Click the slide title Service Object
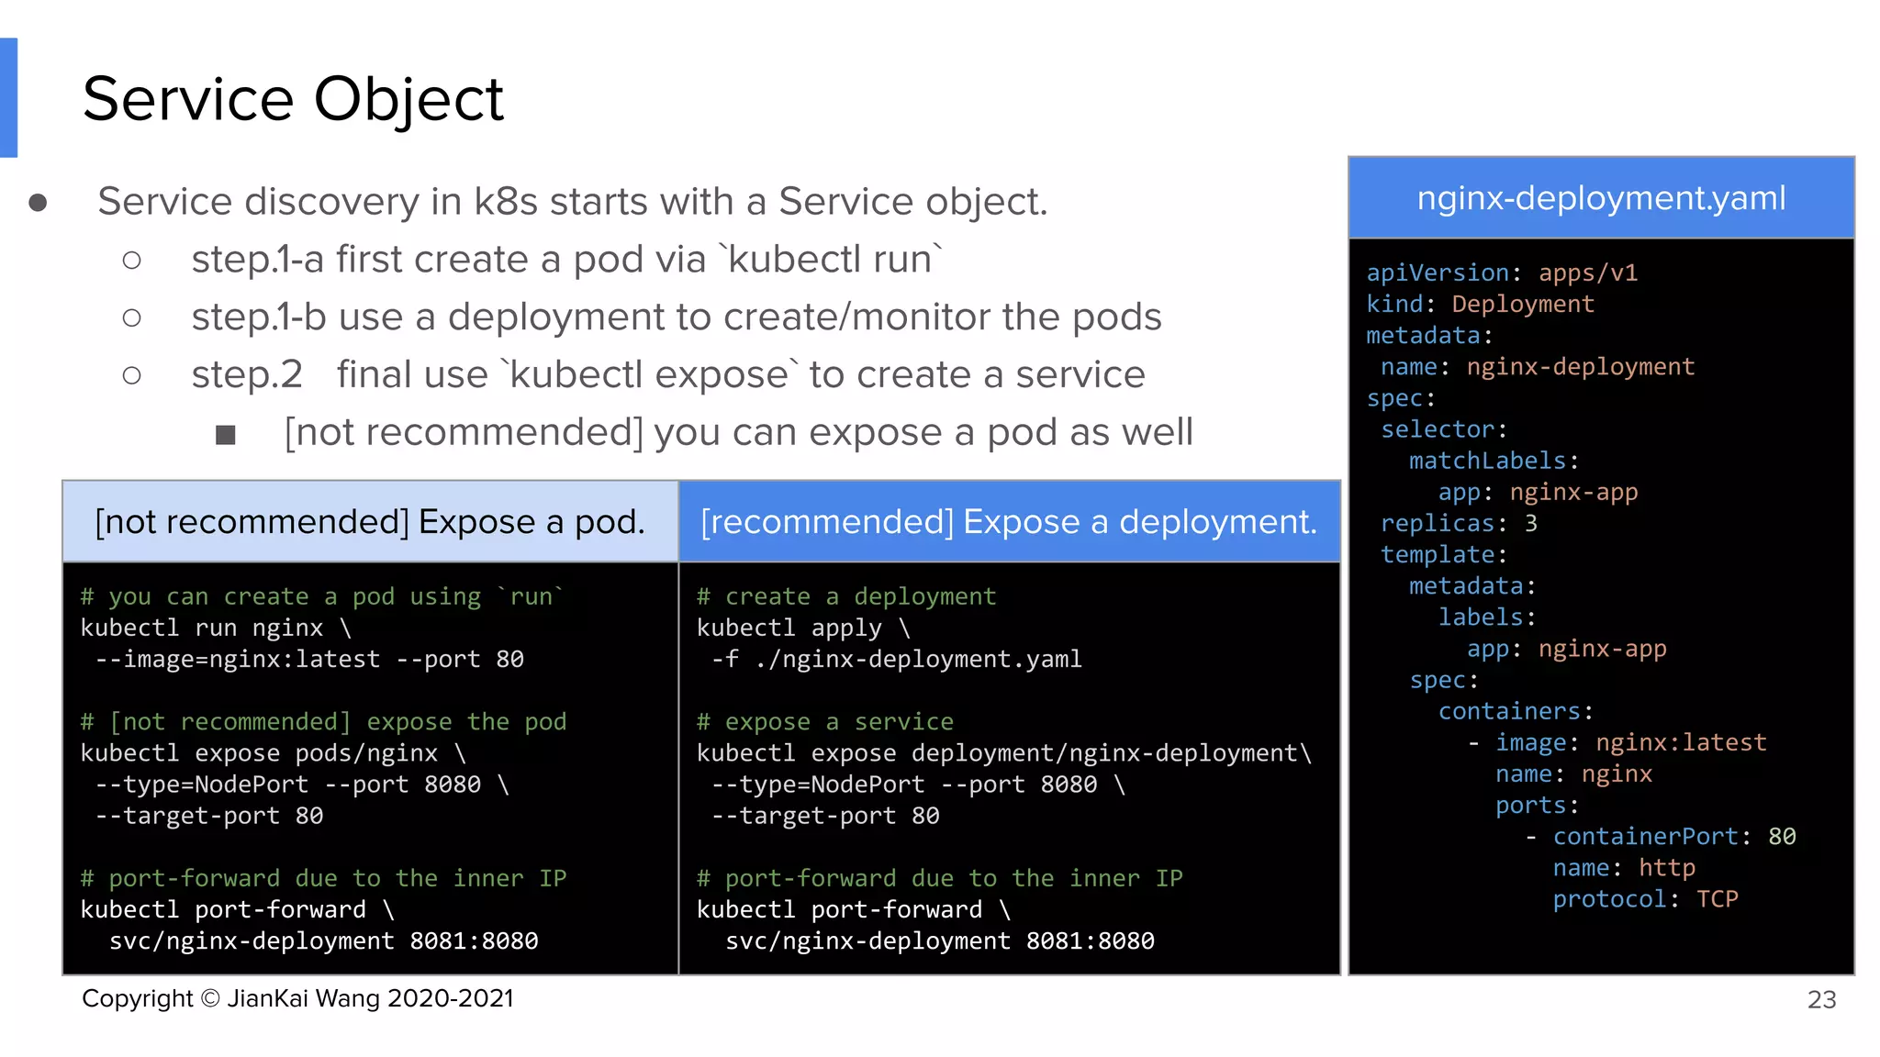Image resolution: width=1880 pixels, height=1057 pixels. pyautogui.click(x=293, y=99)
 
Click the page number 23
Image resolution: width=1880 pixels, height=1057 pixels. pyautogui.click(x=1821, y=1000)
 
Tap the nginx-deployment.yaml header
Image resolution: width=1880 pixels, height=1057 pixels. pyautogui.click(x=1601, y=198)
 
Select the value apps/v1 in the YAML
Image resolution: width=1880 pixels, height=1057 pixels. pyautogui.click(x=1588, y=273)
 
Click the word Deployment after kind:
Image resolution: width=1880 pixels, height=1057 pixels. pyautogui.click(x=1523, y=305)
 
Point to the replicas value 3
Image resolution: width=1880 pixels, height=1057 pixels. pyautogui.click(x=1531, y=524)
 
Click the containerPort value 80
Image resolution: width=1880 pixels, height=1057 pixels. pyautogui.click(x=1782, y=837)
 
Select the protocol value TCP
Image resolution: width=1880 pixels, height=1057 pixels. pyautogui.click(x=1717, y=899)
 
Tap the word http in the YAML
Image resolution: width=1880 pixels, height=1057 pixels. pyautogui.click(x=1666, y=868)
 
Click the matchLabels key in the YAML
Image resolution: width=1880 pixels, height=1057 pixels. pyautogui.click(x=1487, y=461)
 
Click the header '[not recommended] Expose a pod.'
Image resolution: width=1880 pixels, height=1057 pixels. pyautogui.click(x=370, y=522)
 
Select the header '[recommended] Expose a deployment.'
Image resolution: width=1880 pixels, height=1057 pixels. pyautogui.click(x=1009, y=522)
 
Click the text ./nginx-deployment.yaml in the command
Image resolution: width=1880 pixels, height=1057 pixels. pyautogui.click(x=919, y=660)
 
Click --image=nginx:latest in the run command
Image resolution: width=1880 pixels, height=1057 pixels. pyautogui.click(x=238, y=660)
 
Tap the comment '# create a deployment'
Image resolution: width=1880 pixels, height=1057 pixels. pyautogui.click(x=845, y=597)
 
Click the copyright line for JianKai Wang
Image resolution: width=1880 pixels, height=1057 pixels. pyautogui.click(x=297, y=999)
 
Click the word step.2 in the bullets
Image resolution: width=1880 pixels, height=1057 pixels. pyautogui.click(x=246, y=375)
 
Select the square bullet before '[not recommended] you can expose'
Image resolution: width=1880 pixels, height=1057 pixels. pyautogui.click(x=226, y=435)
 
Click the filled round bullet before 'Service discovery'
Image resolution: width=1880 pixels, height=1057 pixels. pyautogui.click(x=38, y=203)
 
